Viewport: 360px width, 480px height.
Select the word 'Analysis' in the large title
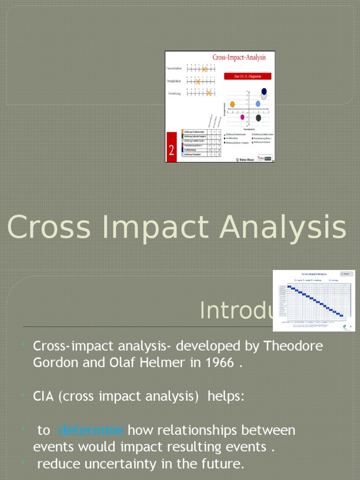286,227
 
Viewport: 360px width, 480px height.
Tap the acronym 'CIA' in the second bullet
44,397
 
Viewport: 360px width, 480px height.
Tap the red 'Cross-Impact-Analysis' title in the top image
239,58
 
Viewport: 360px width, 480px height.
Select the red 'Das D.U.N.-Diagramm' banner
247,76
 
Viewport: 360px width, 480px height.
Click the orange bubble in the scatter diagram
232,104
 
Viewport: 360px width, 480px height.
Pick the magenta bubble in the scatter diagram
242,117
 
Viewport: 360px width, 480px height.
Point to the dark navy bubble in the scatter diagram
264,91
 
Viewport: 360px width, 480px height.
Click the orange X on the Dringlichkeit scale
198,82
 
